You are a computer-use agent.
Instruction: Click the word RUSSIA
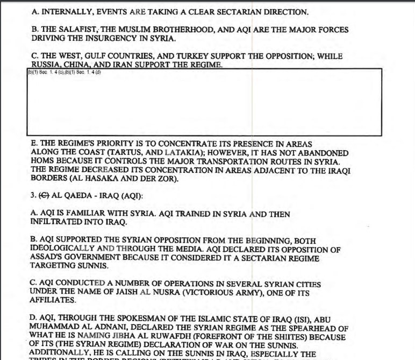[x=46, y=65]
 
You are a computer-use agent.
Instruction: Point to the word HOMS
[x=45, y=161]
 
